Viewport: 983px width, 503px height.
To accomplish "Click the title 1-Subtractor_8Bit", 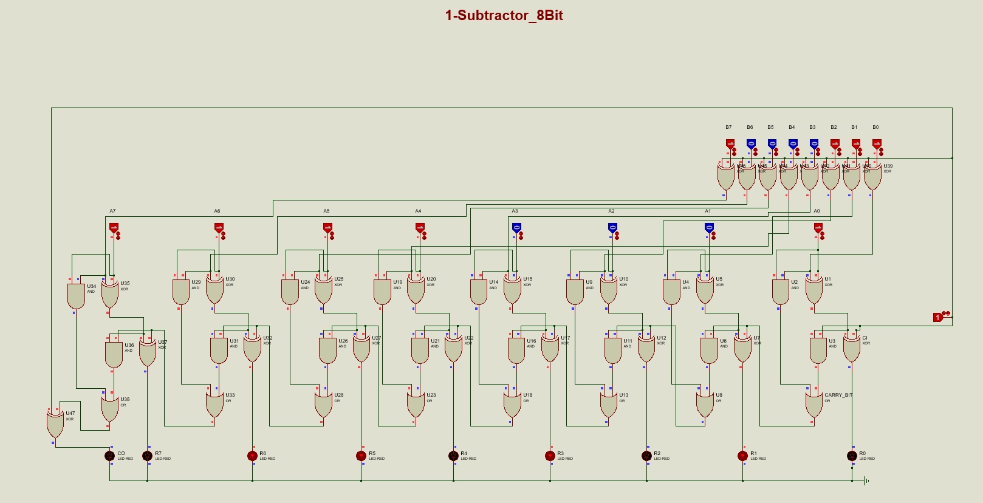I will (x=504, y=16).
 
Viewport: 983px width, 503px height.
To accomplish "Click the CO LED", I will (x=109, y=456).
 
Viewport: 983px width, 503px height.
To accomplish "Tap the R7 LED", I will (x=147, y=456).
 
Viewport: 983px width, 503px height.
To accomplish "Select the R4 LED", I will (x=453, y=456).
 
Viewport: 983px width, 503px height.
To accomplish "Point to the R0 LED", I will (x=852, y=456).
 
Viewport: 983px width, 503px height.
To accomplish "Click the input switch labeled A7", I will (x=114, y=228).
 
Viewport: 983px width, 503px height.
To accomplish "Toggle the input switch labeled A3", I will (x=516, y=228).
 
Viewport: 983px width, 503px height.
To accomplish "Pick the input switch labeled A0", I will (x=818, y=228).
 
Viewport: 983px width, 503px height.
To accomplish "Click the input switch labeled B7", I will (x=730, y=144).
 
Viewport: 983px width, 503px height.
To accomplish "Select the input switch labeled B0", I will (x=877, y=144).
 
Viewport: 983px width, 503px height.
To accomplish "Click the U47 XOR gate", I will (x=55, y=423).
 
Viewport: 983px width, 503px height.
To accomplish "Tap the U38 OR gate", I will (x=109, y=408).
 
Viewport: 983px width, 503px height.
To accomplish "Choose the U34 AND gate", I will (x=76, y=296).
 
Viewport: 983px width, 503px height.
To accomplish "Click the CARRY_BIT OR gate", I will (x=814, y=404).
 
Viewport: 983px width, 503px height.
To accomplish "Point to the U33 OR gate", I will (x=214, y=404).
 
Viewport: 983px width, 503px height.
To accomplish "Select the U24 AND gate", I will (x=290, y=292).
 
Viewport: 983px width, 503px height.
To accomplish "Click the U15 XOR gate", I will (x=512, y=290).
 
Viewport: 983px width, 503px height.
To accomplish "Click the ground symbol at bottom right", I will (x=866, y=481).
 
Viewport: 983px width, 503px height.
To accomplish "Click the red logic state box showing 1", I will (x=938, y=317).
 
